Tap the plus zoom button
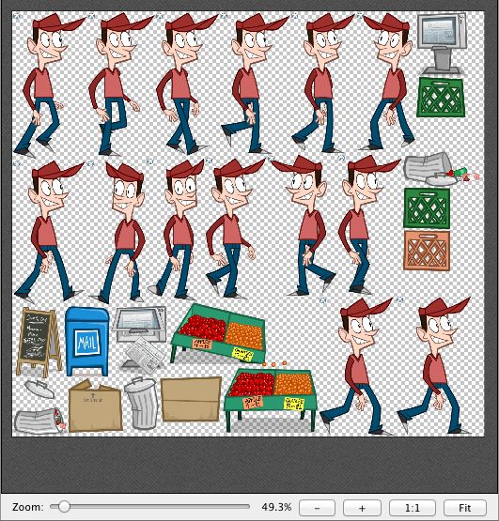click(x=362, y=507)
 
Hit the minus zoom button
click(x=318, y=507)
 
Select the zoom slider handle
click(x=64, y=506)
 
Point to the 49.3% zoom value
click(x=276, y=507)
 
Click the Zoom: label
click(x=27, y=507)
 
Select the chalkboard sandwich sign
click(x=38, y=336)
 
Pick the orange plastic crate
click(x=427, y=251)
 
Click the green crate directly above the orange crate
click(x=427, y=207)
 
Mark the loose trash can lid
click(x=32, y=386)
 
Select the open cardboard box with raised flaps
click(x=94, y=406)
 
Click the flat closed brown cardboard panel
click(x=191, y=399)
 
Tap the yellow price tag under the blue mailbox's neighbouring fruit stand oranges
click(x=244, y=354)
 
